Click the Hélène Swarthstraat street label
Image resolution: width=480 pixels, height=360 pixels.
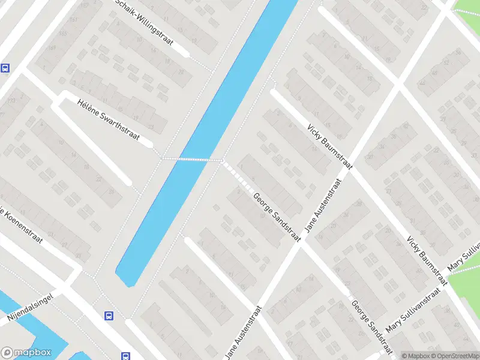coord(108,120)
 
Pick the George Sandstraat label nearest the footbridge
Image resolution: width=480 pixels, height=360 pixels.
coord(277,217)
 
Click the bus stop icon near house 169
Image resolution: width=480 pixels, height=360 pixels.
coord(5,68)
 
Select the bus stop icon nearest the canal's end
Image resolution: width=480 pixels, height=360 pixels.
coord(109,315)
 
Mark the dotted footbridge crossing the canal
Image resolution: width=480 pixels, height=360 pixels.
coord(192,159)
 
